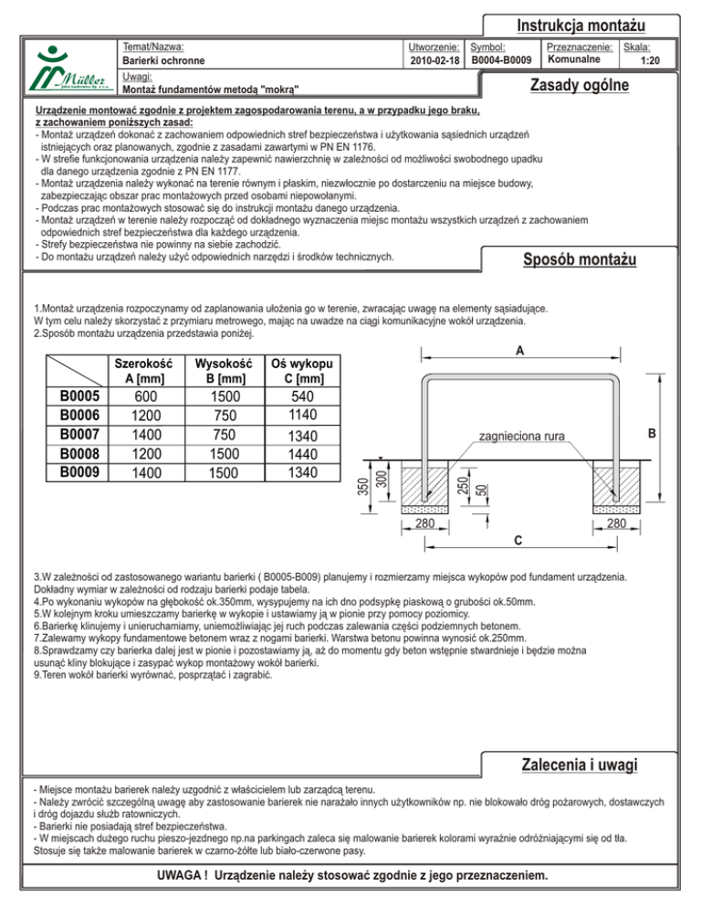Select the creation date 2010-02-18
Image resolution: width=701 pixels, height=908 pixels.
click(434, 61)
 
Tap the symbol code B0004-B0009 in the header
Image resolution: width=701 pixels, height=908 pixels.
click(501, 61)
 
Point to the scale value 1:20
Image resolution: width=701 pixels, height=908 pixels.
click(649, 61)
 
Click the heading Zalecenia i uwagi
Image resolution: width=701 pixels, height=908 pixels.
click(578, 764)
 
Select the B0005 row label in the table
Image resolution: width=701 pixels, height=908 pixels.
click(80, 396)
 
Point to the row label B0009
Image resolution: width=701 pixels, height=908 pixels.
click(80, 473)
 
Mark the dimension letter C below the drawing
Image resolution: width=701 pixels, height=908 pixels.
click(518, 540)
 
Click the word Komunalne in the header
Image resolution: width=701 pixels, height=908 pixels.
click(573, 59)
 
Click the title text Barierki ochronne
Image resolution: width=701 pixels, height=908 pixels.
click(163, 61)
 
